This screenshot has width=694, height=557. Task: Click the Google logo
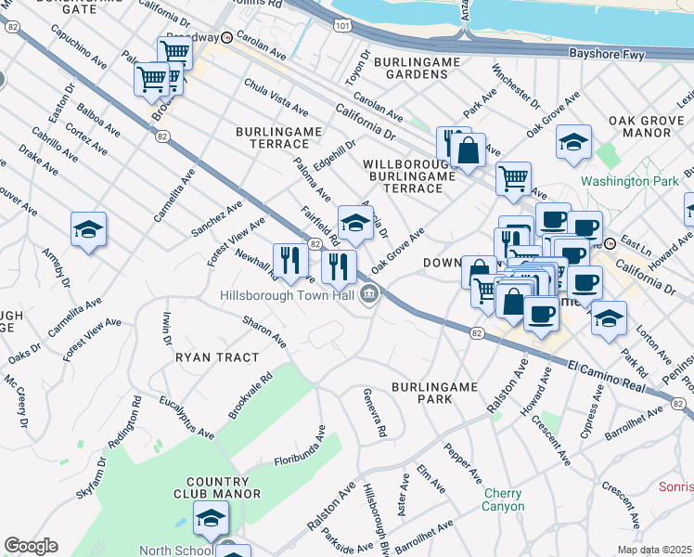pos(31,546)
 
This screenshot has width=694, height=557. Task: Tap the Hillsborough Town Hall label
pos(288,296)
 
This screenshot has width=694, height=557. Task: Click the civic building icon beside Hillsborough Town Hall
pos(369,296)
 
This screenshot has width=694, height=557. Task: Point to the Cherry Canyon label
pos(503,499)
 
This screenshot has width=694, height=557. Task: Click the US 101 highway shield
pos(343,27)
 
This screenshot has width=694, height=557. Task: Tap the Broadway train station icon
pos(226,38)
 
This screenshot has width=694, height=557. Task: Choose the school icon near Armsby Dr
pos(88,230)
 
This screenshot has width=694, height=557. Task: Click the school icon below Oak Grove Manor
pos(574,143)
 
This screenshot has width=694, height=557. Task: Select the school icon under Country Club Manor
pos(211,518)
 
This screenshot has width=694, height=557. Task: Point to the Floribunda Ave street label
pos(300,447)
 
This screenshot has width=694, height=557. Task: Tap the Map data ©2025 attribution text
pos(655,550)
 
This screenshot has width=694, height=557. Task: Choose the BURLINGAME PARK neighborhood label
pos(434,392)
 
